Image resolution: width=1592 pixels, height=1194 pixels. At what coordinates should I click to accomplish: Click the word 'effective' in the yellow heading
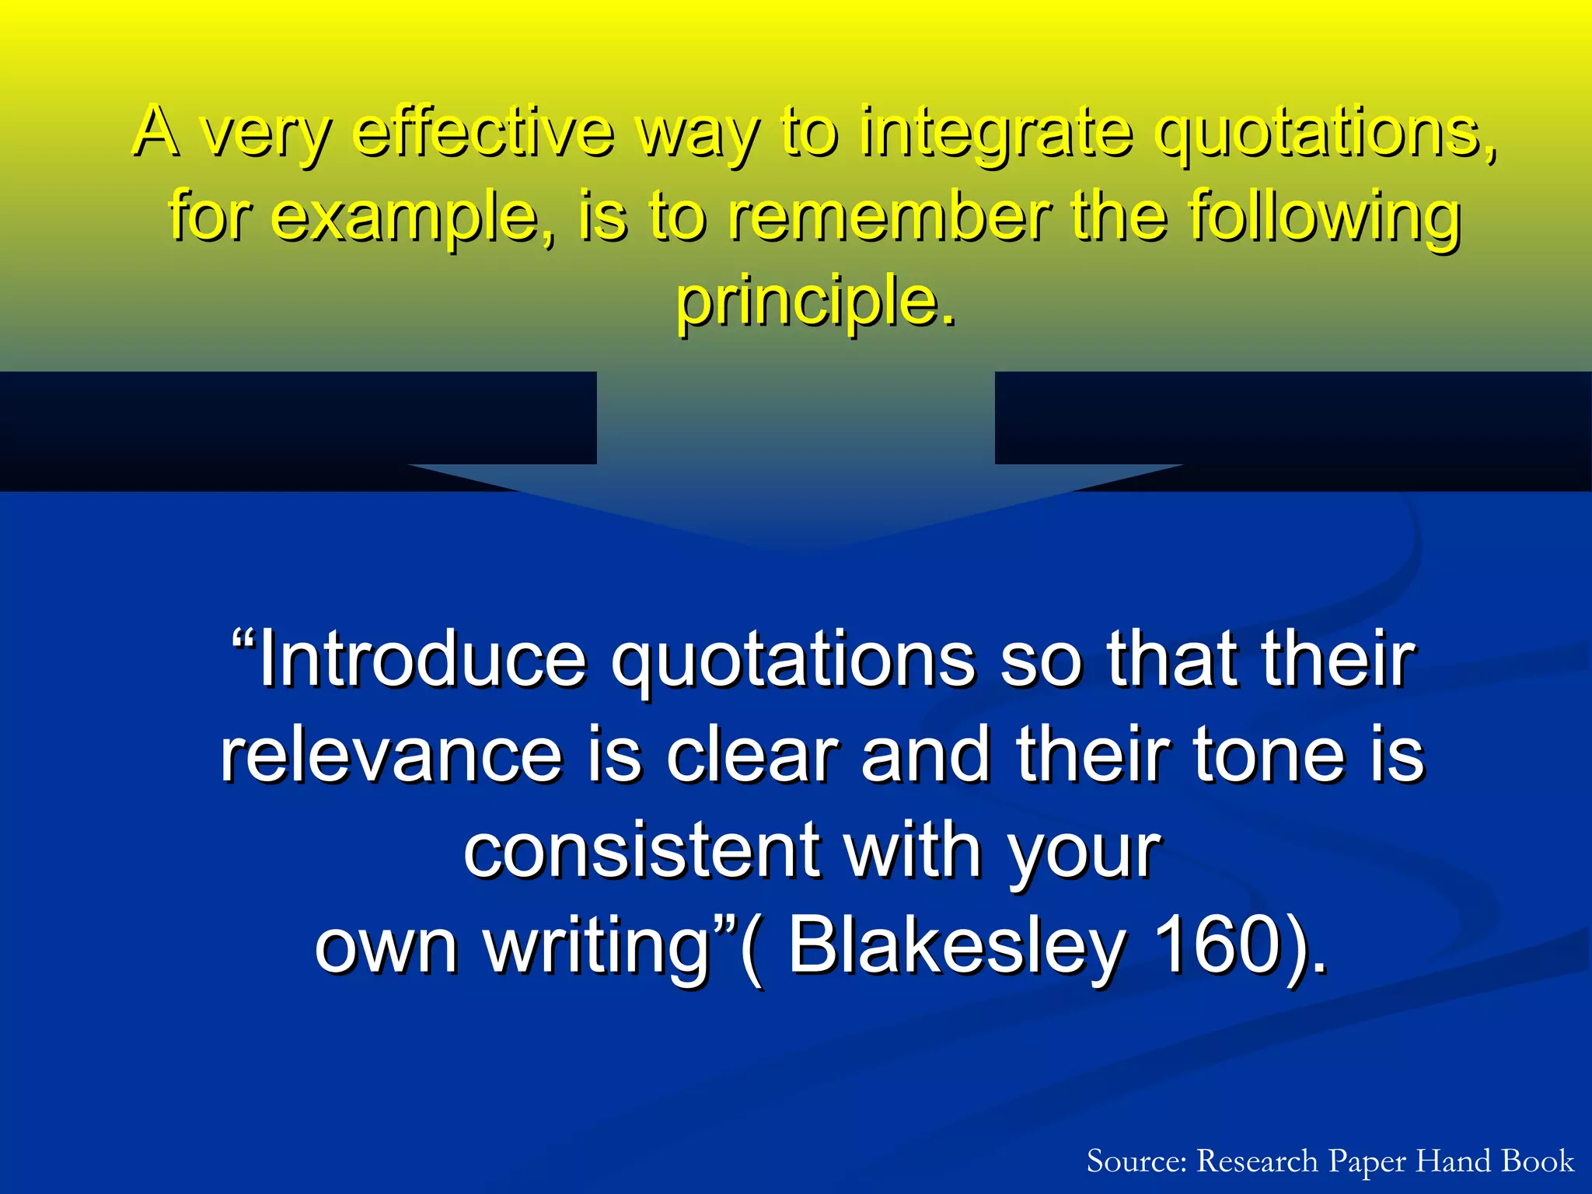coord(484,132)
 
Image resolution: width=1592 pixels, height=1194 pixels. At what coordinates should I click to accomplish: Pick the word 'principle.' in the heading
coord(815,302)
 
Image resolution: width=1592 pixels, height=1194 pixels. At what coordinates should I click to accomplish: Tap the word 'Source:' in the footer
coord(1136,1161)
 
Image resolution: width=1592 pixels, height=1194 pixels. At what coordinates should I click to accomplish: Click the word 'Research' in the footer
coord(1257,1161)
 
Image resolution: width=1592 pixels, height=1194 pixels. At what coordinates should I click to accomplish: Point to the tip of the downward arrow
coord(795,547)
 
